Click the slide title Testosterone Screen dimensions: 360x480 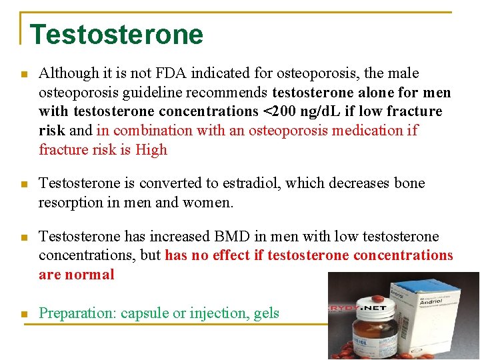click(x=117, y=34)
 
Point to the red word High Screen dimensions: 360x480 click(x=151, y=149)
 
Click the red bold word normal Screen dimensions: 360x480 click(x=89, y=274)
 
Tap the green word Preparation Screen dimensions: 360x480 click(x=77, y=313)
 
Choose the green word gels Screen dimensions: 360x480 click(x=266, y=313)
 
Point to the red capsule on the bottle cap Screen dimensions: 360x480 click(x=377, y=299)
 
